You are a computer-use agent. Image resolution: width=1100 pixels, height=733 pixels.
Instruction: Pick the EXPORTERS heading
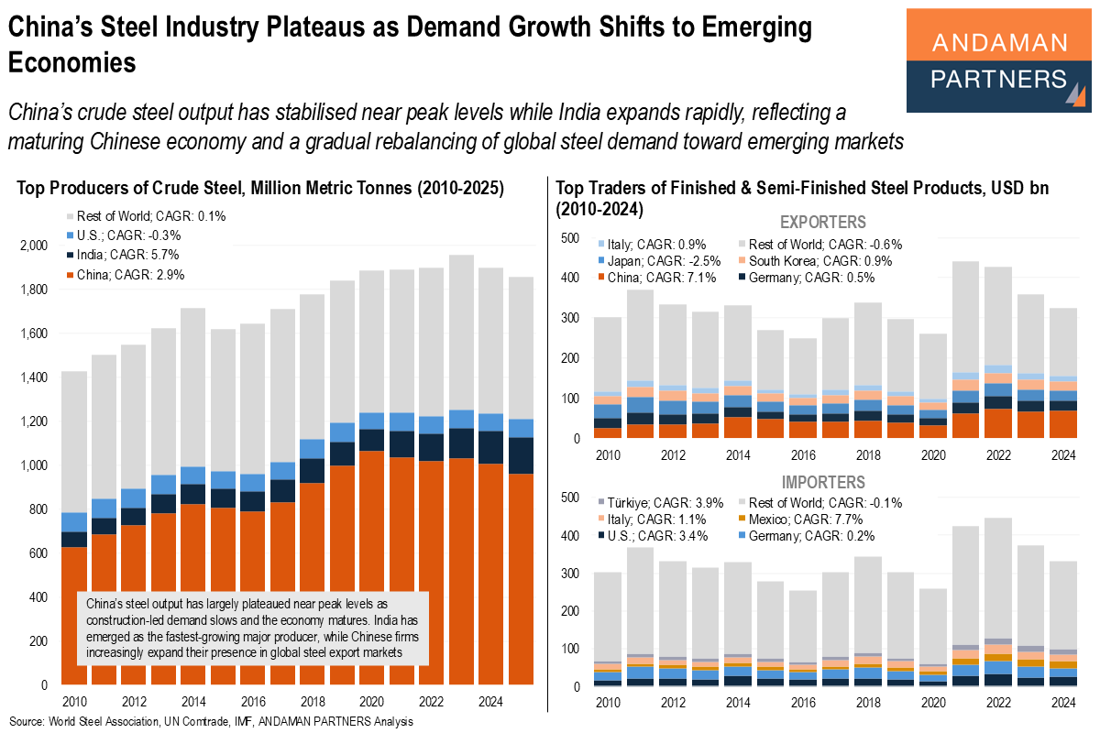point(822,223)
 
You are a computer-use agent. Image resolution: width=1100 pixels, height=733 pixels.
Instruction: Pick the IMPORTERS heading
point(822,482)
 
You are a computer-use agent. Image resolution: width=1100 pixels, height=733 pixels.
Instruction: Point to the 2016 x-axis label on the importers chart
point(802,703)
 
